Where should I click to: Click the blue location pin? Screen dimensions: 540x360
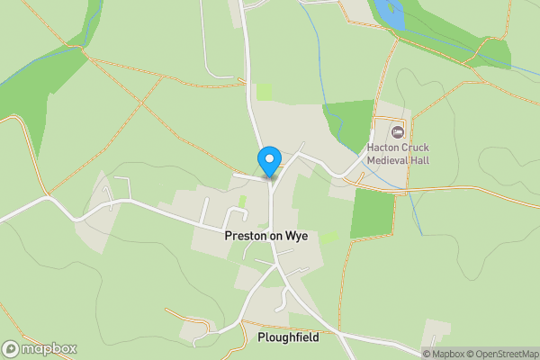[268, 160]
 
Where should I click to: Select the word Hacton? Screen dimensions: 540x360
[384, 148]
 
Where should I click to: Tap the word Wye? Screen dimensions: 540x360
[298, 236]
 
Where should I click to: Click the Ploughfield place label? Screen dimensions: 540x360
[288, 337]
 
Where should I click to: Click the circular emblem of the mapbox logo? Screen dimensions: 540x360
[11, 348]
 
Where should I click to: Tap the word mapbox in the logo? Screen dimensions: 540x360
[49, 348]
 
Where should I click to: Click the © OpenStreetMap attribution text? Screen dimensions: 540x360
[500, 354]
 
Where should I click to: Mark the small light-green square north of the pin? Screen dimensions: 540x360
[264, 91]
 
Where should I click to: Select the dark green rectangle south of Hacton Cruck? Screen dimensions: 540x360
[372, 213]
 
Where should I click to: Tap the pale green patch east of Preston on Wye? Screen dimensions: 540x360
[330, 237]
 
